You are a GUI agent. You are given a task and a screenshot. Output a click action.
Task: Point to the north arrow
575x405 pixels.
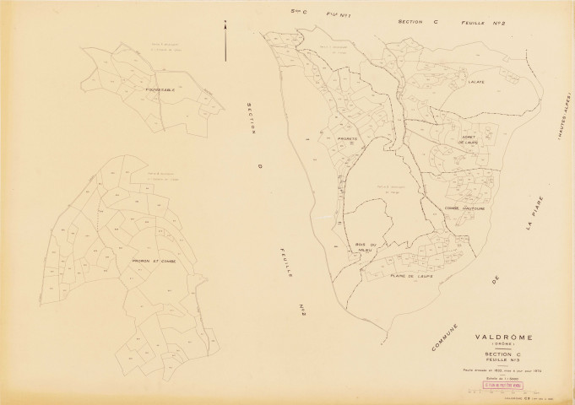tap(225, 40)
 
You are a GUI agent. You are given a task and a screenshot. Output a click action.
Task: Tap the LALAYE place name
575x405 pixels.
tap(473, 82)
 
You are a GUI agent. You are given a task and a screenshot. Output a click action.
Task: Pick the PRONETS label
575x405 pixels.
tap(347, 138)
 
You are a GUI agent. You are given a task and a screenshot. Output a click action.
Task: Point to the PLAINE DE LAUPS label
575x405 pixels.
tap(411, 275)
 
